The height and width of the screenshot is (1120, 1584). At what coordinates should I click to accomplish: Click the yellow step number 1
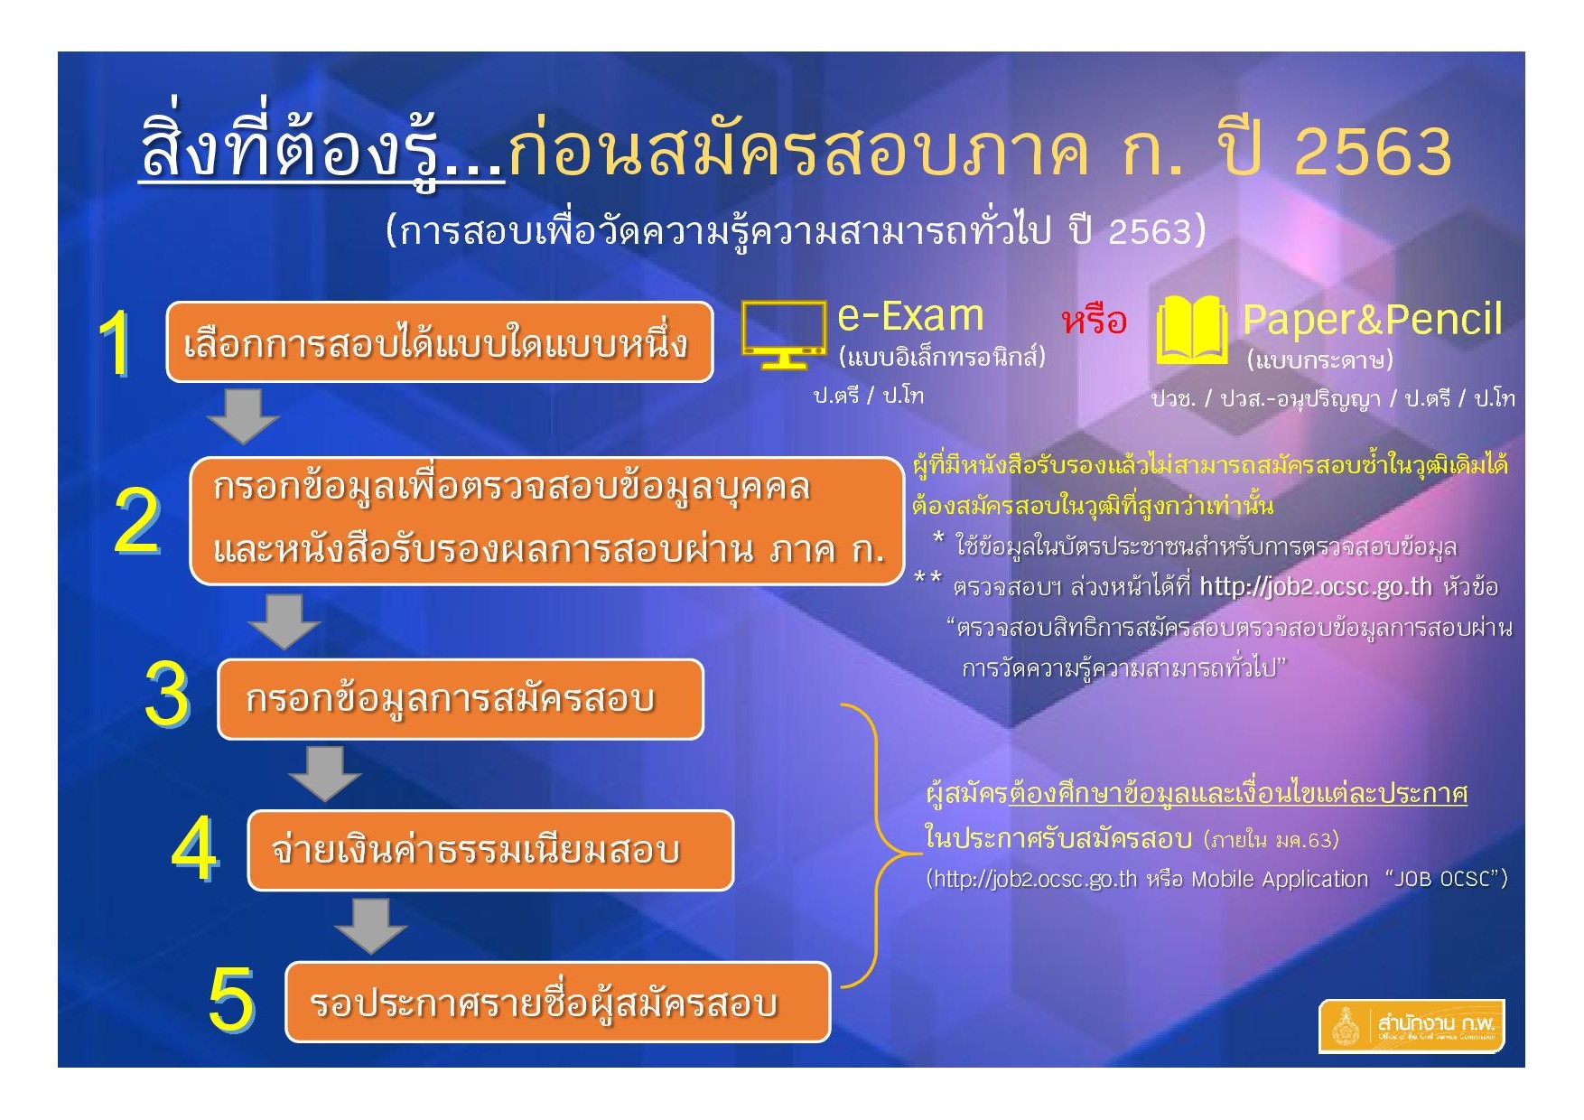click(116, 343)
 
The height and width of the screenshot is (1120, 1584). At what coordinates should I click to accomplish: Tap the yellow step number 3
click(168, 695)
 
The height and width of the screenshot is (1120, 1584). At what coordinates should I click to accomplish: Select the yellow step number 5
click(231, 999)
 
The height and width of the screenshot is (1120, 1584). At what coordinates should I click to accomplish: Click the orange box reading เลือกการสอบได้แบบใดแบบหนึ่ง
click(440, 342)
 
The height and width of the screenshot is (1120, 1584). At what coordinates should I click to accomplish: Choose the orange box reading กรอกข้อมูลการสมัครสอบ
click(461, 699)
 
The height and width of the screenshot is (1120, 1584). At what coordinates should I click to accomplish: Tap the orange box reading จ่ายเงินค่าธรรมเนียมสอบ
click(490, 851)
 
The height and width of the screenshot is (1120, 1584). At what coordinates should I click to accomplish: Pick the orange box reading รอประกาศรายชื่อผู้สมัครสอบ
click(557, 1003)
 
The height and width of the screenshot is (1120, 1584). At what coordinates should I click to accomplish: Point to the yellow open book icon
click(1192, 331)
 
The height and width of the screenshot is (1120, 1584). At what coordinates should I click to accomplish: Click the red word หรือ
click(1095, 321)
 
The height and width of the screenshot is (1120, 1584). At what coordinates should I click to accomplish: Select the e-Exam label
click(910, 315)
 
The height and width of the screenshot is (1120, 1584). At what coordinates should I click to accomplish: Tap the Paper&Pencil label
click(1373, 319)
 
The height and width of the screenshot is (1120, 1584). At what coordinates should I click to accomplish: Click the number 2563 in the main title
click(1373, 151)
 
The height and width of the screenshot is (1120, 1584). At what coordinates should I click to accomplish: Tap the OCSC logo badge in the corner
click(1412, 1026)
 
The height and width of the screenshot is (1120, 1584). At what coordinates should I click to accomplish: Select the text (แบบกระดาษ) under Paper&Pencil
click(1320, 359)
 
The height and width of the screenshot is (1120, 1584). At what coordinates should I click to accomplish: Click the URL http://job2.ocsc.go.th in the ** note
click(1316, 587)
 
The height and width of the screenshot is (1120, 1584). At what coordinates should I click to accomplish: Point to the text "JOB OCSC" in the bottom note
click(1442, 879)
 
